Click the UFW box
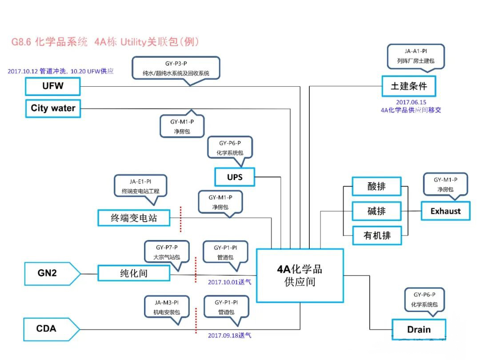pyautogui.click(x=53, y=86)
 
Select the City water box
pyautogui.click(x=53, y=108)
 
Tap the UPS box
pyautogui.click(x=235, y=177)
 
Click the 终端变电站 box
pyautogui.click(x=134, y=218)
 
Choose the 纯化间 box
pyautogui.click(x=134, y=273)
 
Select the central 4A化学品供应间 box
pyautogui.click(x=300, y=276)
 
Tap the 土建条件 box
pyautogui.click(x=408, y=86)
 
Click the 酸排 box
pyautogui.click(x=376, y=187)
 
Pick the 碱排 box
pyautogui.click(x=376, y=211)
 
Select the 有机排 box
pyautogui.click(x=376, y=236)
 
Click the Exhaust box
pyautogui.click(x=445, y=211)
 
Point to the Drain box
pyautogui.click(x=419, y=329)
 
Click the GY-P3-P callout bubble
pyautogui.click(x=176, y=68)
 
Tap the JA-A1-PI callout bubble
pyautogui.click(x=416, y=56)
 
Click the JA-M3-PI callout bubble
pyautogui.click(x=167, y=307)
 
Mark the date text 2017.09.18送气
pyautogui.click(x=229, y=336)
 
